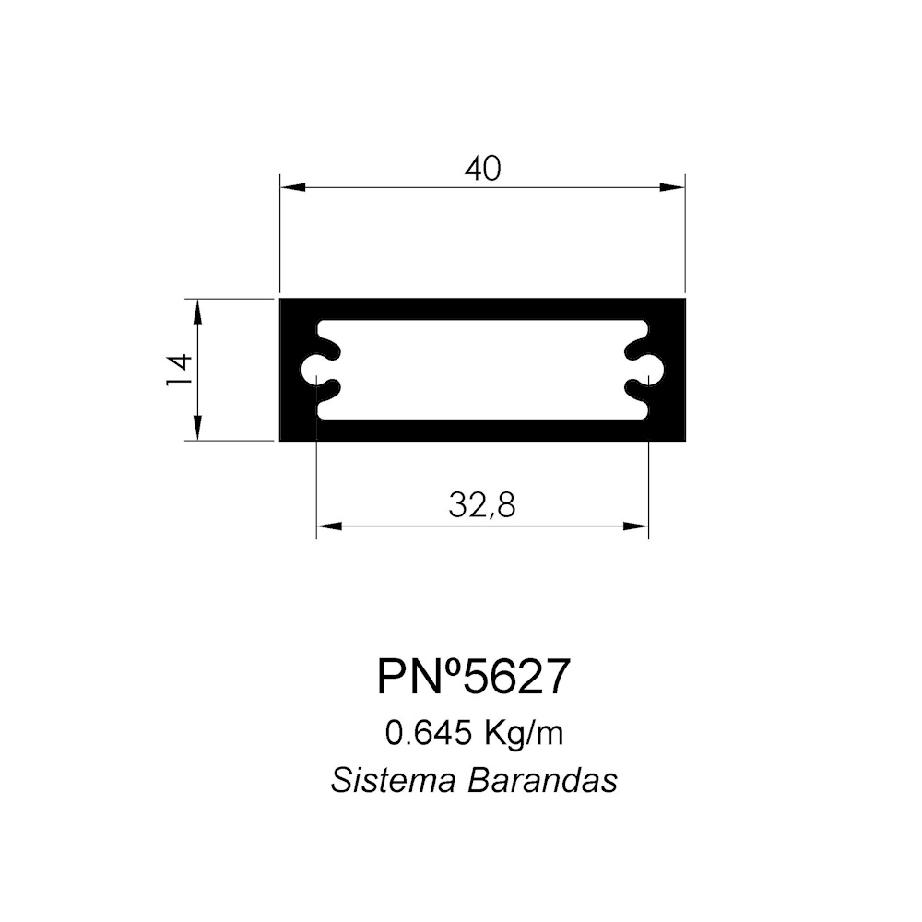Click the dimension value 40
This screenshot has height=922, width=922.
[483, 169]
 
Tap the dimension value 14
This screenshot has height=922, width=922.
[179, 370]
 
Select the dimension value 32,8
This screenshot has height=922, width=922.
[482, 505]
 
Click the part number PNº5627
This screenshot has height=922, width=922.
[474, 676]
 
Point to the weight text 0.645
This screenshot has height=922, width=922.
[429, 733]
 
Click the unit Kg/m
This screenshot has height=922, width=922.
[525, 734]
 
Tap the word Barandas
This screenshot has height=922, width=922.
[543, 781]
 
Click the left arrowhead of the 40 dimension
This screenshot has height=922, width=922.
[293, 187]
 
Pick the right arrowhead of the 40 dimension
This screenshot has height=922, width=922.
[672, 187]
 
